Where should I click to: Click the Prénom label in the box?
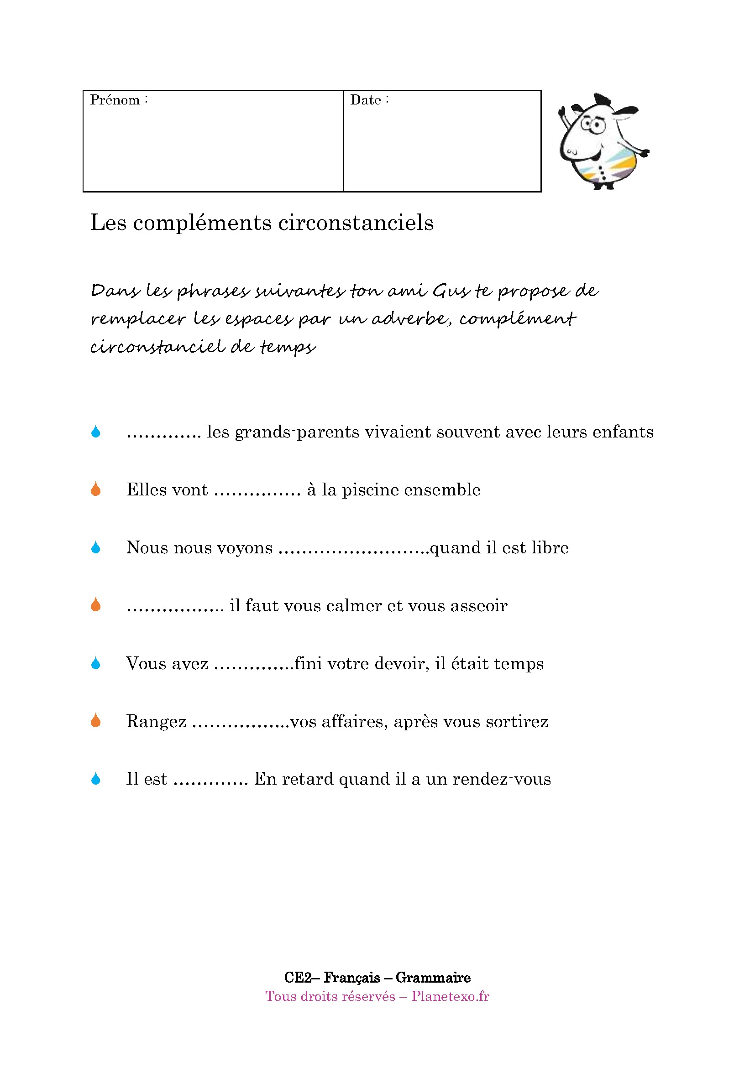click(115, 100)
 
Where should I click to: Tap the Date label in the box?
click(366, 100)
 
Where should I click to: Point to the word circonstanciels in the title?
click(356, 223)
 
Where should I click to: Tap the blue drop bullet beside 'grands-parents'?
click(96, 432)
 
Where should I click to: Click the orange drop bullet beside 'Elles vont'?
click(96, 489)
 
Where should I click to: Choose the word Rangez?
click(156, 722)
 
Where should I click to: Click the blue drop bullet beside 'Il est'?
click(96, 779)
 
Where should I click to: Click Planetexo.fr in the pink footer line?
click(450, 996)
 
